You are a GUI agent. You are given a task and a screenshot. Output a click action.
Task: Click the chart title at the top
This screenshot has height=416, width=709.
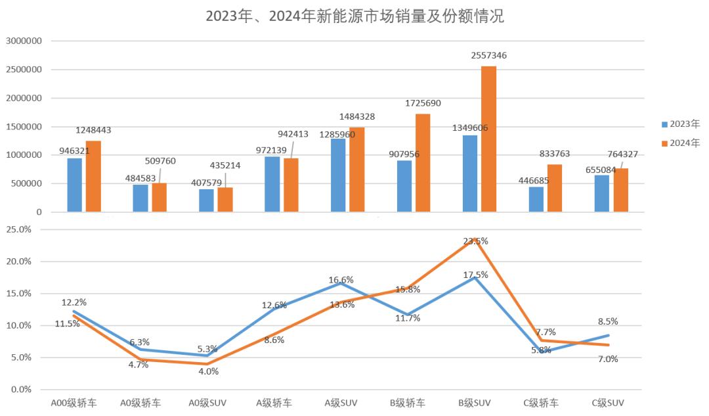point(354,16)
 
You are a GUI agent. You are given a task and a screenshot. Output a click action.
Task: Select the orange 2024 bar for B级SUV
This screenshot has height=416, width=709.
point(488,139)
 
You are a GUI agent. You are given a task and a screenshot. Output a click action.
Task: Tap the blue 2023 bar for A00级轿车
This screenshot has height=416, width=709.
point(75,185)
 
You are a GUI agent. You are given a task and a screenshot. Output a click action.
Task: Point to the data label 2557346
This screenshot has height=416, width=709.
point(488,56)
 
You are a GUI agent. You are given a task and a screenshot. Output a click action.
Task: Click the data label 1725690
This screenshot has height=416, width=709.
point(423,104)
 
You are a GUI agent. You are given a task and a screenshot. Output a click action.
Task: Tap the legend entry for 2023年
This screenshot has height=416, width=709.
point(681,124)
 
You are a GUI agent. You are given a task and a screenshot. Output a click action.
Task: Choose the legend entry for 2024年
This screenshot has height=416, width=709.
point(681,143)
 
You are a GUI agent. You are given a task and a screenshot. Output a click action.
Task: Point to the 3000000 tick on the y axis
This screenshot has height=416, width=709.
point(24,41)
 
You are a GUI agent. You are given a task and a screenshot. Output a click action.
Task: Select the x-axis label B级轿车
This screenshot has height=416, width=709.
point(407,402)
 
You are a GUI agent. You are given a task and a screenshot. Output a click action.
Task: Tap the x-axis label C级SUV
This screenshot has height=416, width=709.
point(607,402)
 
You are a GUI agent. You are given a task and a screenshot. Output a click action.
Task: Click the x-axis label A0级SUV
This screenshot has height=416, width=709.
point(207,402)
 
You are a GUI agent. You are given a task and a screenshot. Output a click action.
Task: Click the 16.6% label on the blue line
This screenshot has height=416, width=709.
point(340,280)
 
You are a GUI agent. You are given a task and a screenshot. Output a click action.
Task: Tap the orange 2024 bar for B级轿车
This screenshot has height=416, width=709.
point(423,163)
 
